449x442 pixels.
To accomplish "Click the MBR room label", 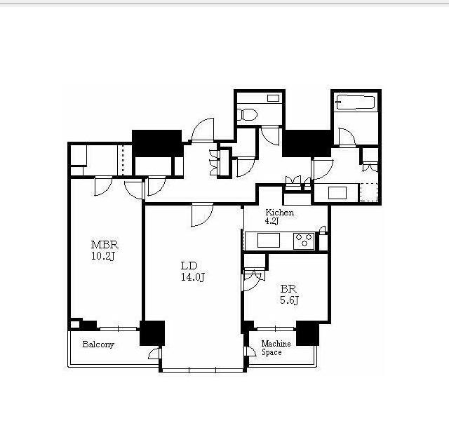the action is coord(105,245).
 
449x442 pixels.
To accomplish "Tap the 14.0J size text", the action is coord(193,277).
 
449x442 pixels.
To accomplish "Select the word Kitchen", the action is coord(279,213).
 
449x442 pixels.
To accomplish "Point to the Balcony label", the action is coord(98,344).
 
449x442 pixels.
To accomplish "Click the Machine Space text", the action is coord(276,348).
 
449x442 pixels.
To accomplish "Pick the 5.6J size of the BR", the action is coord(289,300).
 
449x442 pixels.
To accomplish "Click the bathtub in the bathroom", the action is coord(356,102).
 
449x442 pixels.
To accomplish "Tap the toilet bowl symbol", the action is coord(248,115).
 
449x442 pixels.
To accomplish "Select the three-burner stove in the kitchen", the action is coord(304,241).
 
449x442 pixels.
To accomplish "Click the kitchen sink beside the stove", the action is coord(268,240).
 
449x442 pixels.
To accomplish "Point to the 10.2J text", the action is coord(103,256).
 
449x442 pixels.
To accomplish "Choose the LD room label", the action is coord(189,266).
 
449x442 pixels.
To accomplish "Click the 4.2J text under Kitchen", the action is coord(272,221).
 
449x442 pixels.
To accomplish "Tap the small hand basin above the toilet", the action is coord(273,98).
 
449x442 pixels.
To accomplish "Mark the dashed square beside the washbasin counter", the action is coord(368,192).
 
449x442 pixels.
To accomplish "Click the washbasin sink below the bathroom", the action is coord(337,193).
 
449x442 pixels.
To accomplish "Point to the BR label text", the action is coord(288,289).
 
